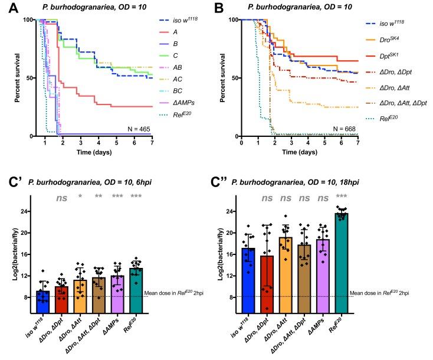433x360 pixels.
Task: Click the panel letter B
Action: pyautogui.click(x=225, y=7)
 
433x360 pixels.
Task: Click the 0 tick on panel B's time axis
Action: pyautogui.click(x=241, y=143)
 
